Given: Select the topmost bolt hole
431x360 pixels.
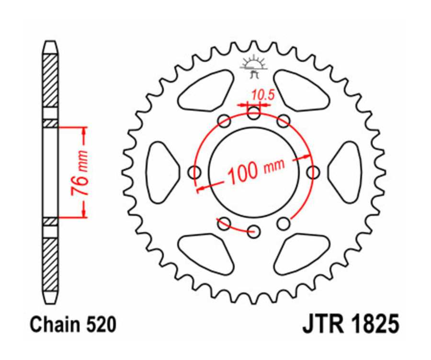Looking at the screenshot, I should click(x=254, y=113).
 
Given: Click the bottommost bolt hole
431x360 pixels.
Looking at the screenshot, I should click(x=254, y=232).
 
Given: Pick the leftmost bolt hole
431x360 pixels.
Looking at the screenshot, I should click(x=195, y=172).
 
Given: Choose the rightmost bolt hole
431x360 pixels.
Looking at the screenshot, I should click(x=313, y=172).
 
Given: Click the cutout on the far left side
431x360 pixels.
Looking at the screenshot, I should click(x=163, y=172).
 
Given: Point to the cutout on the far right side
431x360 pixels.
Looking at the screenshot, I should click(x=346, y=172).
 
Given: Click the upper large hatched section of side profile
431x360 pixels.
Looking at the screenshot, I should click(x=50, y=80).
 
